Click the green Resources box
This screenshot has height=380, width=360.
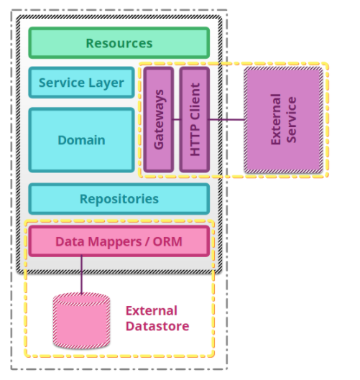(x=119, y=43)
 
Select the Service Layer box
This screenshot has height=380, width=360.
(x=81, y=83)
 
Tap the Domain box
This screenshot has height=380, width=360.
(x=81, y=140)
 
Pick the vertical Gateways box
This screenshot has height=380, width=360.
(x=159, y=119)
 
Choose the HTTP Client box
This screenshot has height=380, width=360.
(x=195, y=119)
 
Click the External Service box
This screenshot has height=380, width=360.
(x=283, y=120)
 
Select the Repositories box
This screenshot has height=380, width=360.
(x=119, y=199)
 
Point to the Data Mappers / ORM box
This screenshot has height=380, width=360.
(x=119, y=241)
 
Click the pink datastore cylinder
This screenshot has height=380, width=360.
(x=81, y=320)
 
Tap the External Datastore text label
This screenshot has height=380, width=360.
(x=157, y=318)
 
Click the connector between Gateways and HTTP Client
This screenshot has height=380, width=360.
(x=177, y=119)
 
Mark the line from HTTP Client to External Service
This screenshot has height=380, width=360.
(x=226, y=119)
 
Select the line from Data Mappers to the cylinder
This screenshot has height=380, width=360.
(x=81, y=275)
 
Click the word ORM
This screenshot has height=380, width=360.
(x=167, y=241)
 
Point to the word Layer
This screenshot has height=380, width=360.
(x=106, y=83)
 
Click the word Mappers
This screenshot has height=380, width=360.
(x=115, y=242)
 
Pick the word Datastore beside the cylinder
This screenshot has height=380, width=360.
(x=157, y=326)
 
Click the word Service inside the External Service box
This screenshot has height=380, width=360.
(x=292, y=120)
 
